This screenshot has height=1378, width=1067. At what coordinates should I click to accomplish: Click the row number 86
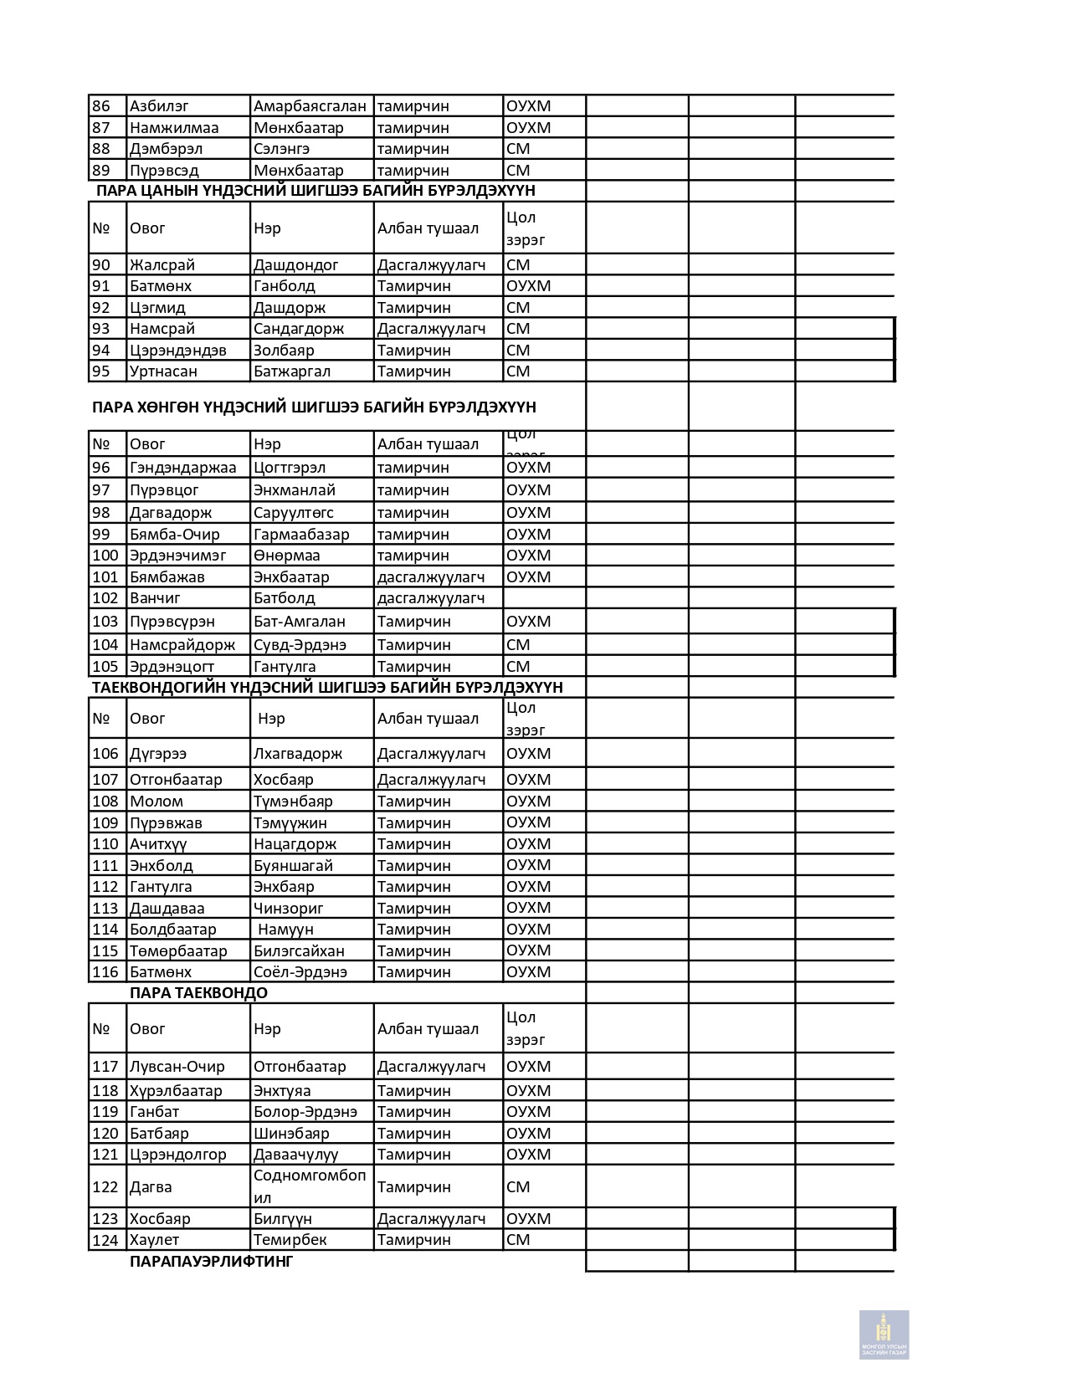(x=101, y=106)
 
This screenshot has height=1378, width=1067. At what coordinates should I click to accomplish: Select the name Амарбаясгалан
(x=310, y=106)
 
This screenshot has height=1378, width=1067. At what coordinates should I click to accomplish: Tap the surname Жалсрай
(x=162, y=265)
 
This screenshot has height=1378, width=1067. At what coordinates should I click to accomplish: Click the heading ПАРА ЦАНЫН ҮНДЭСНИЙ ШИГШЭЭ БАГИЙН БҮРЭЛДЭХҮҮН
(x=315, y=191)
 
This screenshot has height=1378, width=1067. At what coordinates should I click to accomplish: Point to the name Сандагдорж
(x=299, y=329)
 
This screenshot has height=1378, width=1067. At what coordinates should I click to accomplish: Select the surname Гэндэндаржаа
(x=183, y=468)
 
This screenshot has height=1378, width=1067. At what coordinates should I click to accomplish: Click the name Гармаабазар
(x=301, y=535)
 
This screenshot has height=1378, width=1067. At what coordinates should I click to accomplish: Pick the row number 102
(x=105, y=598)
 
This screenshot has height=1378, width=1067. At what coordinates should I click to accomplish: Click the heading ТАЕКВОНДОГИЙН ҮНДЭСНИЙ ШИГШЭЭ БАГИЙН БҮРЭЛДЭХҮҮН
(x=327, y=688)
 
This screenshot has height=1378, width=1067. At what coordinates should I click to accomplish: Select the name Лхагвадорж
(x=298, y=754)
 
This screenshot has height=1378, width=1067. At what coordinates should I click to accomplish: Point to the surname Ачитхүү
(x=158, y=844)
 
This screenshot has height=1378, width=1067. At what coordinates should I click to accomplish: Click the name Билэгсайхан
(x=299, y=951)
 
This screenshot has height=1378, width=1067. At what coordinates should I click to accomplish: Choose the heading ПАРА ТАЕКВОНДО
(x=198, y=993)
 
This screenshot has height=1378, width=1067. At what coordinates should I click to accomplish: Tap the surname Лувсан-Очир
(x=177, y=1067)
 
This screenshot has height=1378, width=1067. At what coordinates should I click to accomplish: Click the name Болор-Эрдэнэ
(x=305, y=1112)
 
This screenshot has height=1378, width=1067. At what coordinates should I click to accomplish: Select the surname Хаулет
(x=155, y=1240)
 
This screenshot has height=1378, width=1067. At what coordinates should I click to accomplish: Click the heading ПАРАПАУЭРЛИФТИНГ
(x=211, y=1262)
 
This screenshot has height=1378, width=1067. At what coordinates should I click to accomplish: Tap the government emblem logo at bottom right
(x=884, y=1334)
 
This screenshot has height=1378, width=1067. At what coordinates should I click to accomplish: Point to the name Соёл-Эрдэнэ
(x=300, y=972)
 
